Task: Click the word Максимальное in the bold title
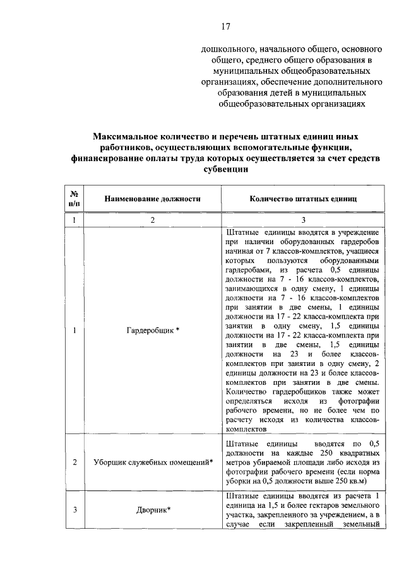pos(128,136)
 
